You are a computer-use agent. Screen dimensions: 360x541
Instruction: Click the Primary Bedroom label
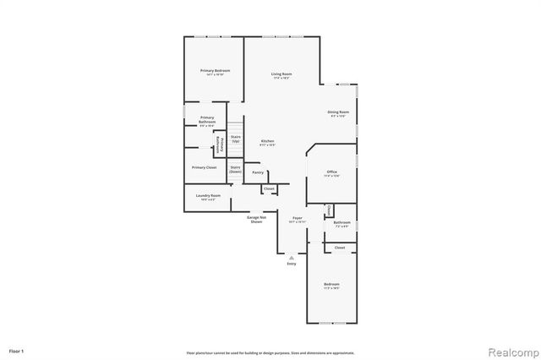pos(214,71)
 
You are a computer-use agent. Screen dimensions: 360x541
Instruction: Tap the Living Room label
pos(281,74)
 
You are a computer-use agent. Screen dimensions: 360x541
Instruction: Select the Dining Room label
pos(338,113)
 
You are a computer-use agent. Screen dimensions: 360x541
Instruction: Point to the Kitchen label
pos(268,142)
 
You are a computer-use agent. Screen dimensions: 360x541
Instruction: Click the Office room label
pos(333,173)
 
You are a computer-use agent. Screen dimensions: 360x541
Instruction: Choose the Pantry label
pos(258,172)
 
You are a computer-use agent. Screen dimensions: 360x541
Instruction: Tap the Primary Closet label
pos(204,167)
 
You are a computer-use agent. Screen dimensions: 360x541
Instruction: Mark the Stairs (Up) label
pos(236,139)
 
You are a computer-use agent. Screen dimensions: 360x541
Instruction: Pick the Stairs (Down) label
pos(235,168)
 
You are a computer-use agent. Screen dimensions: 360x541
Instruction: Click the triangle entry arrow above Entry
pos(292,256)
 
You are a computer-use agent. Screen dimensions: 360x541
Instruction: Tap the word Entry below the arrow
pos(292,264)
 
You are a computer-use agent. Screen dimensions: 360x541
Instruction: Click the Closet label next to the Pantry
pos(268,188)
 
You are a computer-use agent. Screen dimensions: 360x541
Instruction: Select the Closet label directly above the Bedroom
pos(339,248)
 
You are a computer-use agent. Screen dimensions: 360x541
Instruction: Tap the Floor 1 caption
pos(17,350)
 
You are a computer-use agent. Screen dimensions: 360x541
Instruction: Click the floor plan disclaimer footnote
pos(270,352)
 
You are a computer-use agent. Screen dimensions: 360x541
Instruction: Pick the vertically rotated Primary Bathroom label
pos(219,144)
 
